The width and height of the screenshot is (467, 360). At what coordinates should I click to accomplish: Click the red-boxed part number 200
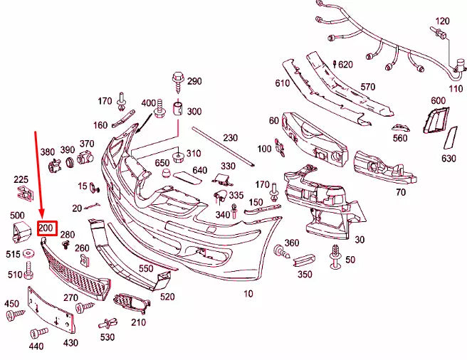pyautogui.click(x=46, y=228)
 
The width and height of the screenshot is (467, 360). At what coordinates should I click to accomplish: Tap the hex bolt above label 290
pyautogui.click(x=178, y=83)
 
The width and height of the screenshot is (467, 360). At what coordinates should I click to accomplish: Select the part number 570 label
pyautogui.click(x=368, y=87)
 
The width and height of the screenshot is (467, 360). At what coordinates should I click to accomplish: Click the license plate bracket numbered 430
pyautogui.click(x=51, y=310)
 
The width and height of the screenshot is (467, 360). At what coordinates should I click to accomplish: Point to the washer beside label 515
pyautogui.click(x=29, y=253)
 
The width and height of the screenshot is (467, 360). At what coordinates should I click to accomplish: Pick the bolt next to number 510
pyautogui.click(x=28, y=270)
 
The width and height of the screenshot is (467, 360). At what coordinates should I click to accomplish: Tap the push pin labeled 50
pyautogui.click(x=336, y=257)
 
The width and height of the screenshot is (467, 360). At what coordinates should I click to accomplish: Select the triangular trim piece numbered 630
pyautogui.click(x=450, y=137)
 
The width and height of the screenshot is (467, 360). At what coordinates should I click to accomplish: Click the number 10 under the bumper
pyautogui.click(x=248, y=294)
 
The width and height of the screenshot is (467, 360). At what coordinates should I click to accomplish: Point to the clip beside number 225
pyautogui.click(x=25, y=193)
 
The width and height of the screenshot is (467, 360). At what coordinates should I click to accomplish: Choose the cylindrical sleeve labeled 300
pyautogui.click(x=179, y=108)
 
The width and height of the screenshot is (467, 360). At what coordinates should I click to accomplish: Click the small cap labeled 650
pyautogui.click(x=167, y=173)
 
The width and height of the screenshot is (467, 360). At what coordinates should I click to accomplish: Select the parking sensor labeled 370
pyautogui.click(x=85, y=157)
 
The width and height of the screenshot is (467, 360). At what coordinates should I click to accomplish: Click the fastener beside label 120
pyautogui.click(x=438, y=33)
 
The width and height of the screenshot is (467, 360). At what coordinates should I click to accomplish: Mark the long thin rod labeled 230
pyautogui.click(x=224, y=147)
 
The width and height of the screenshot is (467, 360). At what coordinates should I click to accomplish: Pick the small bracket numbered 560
pyautogui.click(x=401, y=128)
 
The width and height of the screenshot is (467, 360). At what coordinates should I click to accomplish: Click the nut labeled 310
pyautogui.click(x=178, y=157)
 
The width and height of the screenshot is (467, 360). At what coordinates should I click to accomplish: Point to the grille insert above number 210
pyautogui.click(x=131, y=302)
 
